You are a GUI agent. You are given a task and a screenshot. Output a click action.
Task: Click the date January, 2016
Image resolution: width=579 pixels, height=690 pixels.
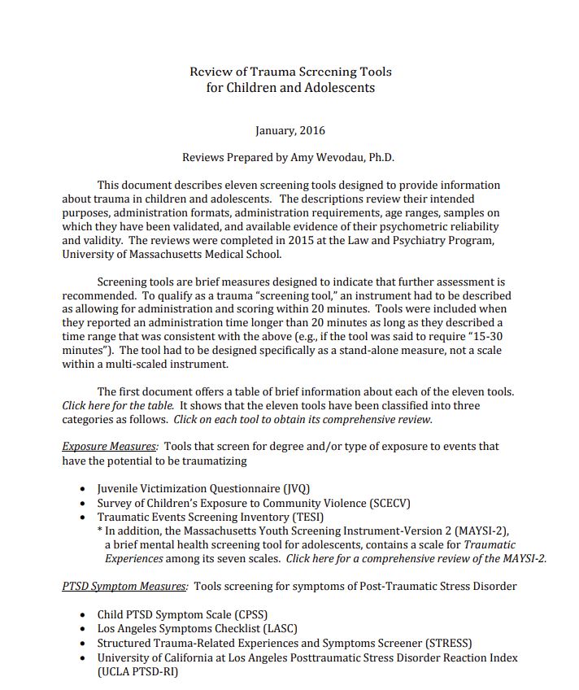(x=290, y=130)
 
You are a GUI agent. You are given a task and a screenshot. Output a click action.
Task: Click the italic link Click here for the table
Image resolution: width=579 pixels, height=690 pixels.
(x=118, y=405)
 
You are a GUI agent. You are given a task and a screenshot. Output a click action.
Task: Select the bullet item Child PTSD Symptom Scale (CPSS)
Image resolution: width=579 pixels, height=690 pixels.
(x=182, y=614)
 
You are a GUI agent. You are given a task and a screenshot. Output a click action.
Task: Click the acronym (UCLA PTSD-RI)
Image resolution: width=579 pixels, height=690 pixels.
(x=137, y=671)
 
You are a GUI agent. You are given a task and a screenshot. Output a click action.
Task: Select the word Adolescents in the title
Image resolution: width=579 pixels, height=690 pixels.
(x=339, y=87)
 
